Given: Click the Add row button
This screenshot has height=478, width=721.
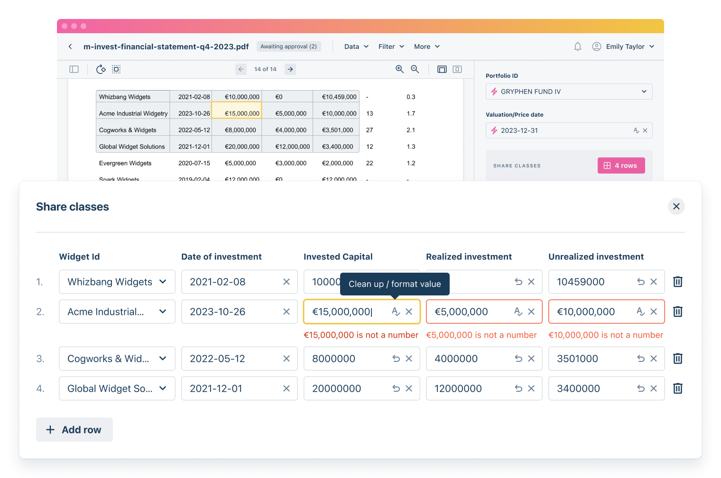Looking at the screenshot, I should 74,430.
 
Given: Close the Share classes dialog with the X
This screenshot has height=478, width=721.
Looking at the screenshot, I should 676,206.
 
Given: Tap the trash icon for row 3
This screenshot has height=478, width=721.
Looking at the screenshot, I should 678,358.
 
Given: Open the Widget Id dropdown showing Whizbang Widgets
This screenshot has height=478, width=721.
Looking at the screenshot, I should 117,282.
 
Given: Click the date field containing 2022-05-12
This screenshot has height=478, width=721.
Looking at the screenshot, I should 232,358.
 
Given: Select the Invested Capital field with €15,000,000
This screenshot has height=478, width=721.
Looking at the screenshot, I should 349,312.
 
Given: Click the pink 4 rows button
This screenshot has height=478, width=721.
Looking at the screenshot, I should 621,165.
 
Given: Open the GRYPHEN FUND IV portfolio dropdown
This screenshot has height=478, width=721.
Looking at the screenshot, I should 569,92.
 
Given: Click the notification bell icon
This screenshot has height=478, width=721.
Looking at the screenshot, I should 577,46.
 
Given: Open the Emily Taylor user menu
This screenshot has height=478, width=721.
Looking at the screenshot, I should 623,46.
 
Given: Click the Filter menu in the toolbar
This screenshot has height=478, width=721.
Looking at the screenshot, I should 391,46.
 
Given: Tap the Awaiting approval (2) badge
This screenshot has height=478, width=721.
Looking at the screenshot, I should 288,46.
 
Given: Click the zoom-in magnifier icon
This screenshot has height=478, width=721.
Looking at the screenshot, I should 399,69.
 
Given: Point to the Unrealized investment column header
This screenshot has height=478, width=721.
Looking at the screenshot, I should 596,257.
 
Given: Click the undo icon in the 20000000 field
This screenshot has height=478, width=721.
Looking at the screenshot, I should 396,388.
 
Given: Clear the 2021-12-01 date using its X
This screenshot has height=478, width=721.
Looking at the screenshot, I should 286,388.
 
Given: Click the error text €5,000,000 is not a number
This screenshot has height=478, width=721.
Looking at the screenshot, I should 481,335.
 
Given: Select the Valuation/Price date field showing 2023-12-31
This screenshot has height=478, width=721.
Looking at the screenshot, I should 560,130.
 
